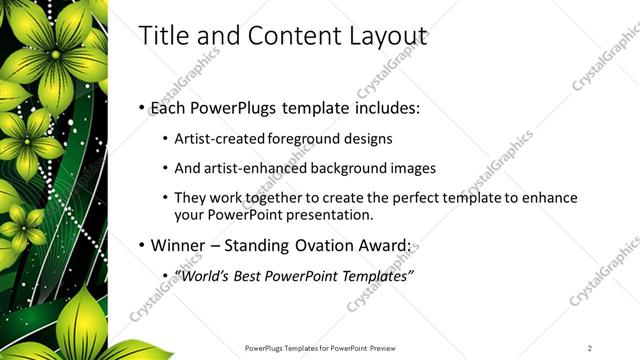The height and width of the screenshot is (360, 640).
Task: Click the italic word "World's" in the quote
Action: [202, 276]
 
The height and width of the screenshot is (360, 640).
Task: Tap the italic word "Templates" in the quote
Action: [373, 276]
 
